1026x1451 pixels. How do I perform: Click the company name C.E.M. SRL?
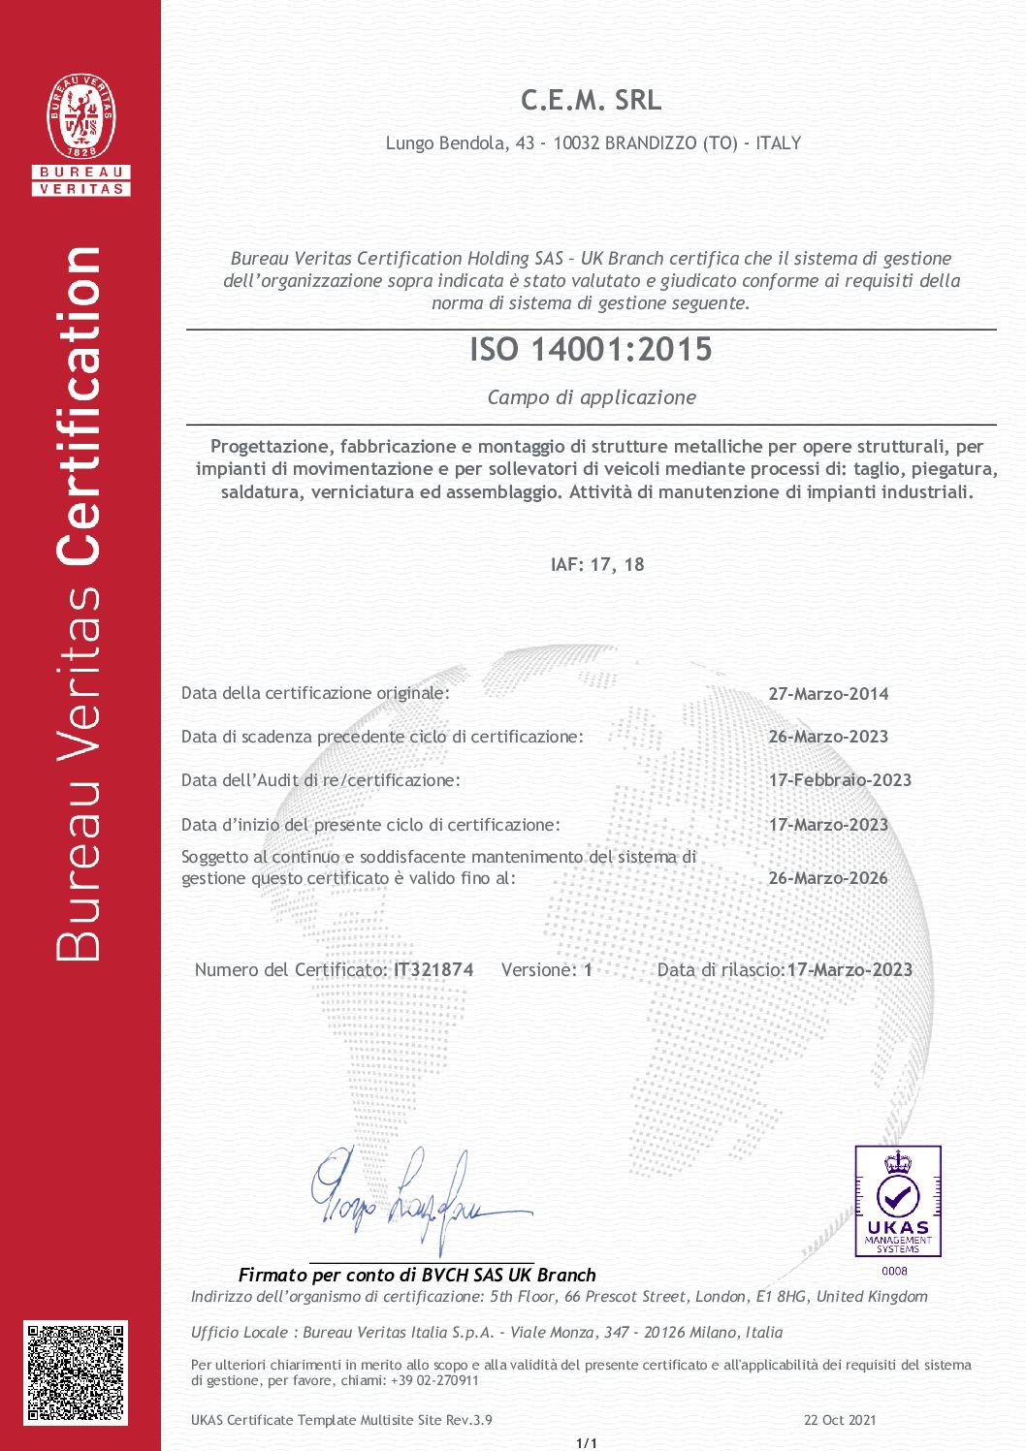(591, 100)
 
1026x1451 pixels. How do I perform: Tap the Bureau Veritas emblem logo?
(81, 120)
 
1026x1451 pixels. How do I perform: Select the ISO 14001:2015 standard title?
(591, 349)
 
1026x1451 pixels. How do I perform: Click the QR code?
(76, 1372)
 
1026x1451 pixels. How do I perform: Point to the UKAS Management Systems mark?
(897, 1201)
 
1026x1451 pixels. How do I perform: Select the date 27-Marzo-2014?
(828, 694)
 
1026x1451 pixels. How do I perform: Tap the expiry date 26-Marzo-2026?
(827, 878)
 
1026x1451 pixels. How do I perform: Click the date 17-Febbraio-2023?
(840, 780)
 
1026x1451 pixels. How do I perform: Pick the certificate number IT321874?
(433, 970)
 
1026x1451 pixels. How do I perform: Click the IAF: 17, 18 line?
(596, 565)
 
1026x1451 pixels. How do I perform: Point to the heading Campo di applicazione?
(592, 397)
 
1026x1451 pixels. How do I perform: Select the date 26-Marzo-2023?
(828, 737)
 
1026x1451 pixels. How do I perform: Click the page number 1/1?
(587, 1443)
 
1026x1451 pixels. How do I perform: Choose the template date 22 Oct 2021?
(840, 1420)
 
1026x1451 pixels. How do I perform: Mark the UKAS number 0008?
(895, 1271)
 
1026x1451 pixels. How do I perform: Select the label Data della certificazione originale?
(315, 693)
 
